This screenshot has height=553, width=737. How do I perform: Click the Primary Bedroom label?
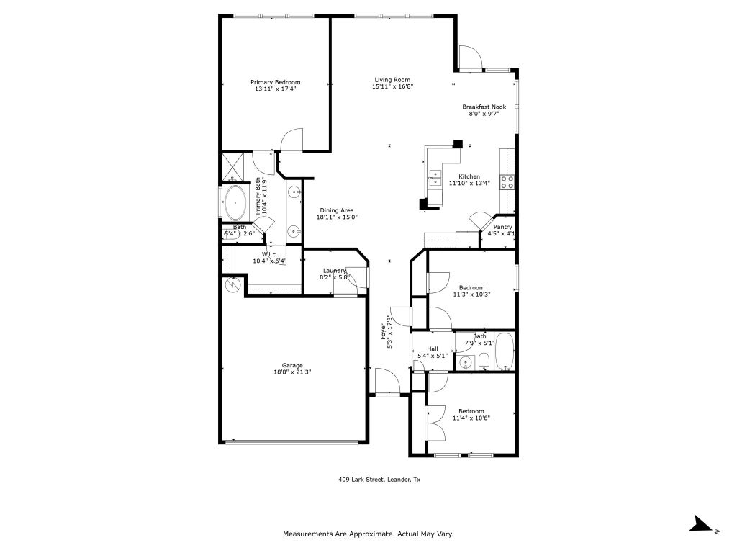275,82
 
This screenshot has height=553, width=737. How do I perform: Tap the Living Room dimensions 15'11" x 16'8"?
392,87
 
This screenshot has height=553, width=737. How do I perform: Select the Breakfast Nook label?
484,107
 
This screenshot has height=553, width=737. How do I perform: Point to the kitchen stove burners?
507,181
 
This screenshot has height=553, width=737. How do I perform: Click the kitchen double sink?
435,178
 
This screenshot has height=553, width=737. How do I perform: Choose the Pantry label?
502,227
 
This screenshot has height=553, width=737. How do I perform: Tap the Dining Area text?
337,210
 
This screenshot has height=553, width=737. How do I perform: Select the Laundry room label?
334,270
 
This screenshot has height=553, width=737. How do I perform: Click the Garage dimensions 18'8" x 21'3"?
292,372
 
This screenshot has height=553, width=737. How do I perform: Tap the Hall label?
432,349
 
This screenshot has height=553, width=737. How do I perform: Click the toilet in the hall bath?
484,361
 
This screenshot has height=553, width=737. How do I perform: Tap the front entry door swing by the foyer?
384,381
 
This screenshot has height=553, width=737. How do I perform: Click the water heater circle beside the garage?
233,285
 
